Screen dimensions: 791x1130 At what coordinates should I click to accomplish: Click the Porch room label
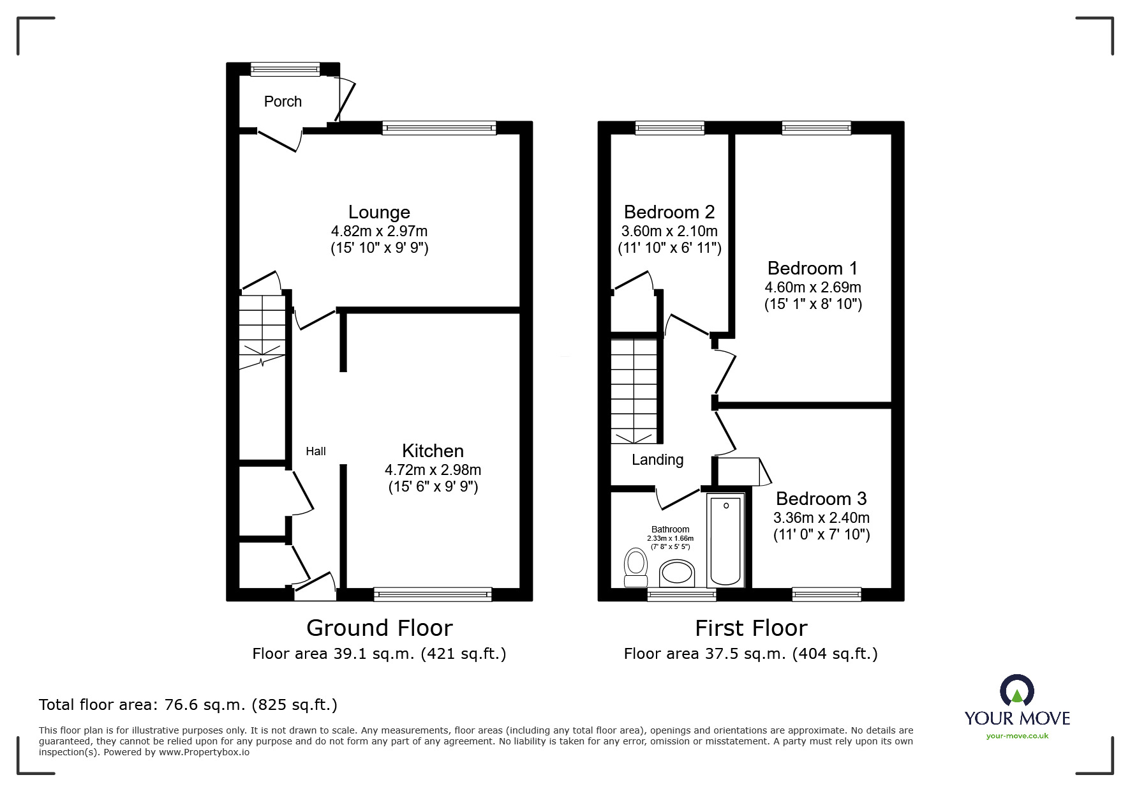point(283,102)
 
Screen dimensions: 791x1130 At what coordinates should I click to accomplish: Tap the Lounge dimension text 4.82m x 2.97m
point(379,231)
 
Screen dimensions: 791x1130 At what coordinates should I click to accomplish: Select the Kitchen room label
point(433,451)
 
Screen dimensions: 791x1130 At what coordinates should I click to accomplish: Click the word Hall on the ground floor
point(316,451)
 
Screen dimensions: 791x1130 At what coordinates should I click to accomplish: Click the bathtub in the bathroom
point(726,541)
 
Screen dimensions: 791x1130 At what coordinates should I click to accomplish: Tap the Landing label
point(657,460)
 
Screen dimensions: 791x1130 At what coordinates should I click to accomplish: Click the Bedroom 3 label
point(821,499)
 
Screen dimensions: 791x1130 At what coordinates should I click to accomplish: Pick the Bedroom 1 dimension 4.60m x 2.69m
point(813,287)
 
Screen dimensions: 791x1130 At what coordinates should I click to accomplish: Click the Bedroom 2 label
point(669,212)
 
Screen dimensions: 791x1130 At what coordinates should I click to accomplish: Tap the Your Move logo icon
point(1016,691)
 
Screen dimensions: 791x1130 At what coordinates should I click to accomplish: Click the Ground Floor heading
point(380,628)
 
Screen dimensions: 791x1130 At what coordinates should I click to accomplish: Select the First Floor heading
point(751,628)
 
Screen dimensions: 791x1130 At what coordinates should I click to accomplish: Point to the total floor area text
point(188,705)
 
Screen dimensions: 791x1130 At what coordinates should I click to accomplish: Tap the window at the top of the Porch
point(285,69)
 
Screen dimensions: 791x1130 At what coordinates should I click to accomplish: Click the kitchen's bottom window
point(433,594)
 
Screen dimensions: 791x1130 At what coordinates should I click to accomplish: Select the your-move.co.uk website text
point(1017,736)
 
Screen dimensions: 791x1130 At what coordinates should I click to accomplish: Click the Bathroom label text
point(670,529)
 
